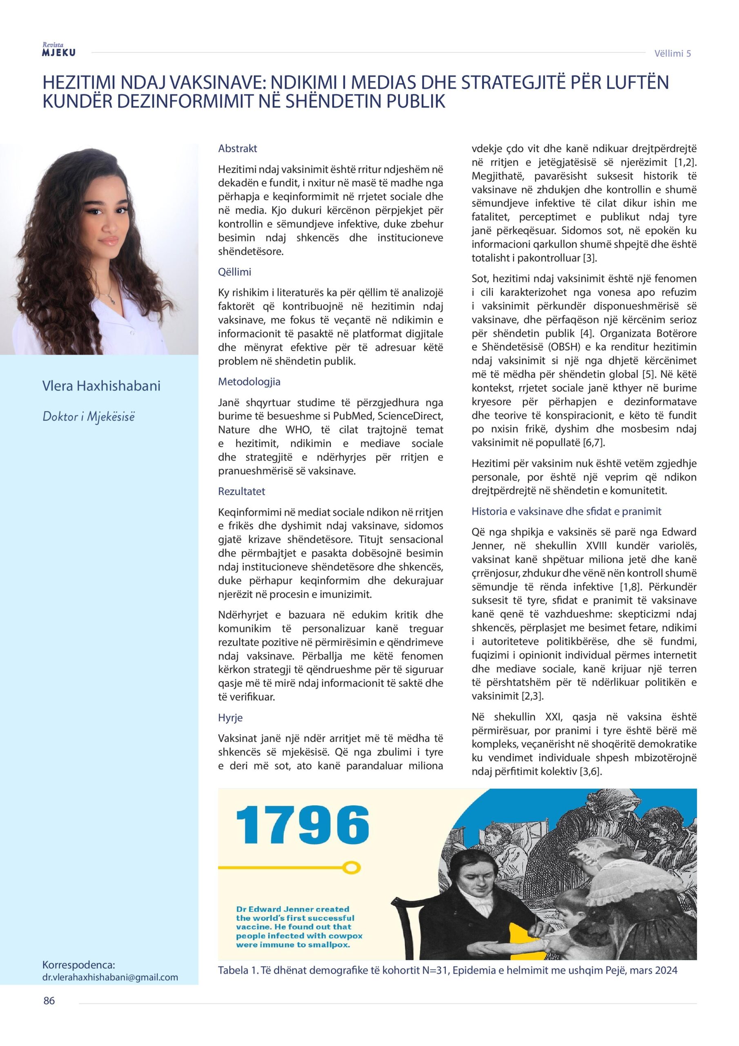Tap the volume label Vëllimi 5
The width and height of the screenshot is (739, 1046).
point(672,53)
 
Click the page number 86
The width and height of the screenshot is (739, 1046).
point(49,1013)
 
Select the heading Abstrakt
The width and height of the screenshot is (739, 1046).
point(238,148)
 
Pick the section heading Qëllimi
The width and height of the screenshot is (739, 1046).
point(234,272)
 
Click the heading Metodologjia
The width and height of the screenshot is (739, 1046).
point(249,381)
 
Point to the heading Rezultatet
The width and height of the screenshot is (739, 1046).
point(241,491)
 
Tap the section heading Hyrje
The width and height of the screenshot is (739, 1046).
point(230,717)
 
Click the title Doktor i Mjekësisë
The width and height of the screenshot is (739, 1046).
point(89,416)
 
